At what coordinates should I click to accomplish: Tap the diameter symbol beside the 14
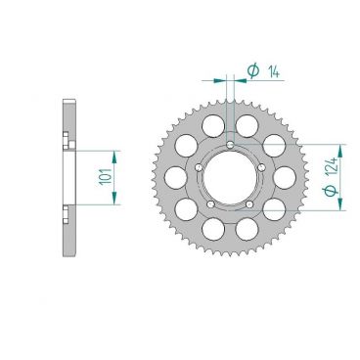point(252,69)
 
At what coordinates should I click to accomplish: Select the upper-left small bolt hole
point(199,166)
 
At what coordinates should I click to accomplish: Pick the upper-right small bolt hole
point(259,166)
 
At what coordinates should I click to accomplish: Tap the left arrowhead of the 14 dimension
point(220,77)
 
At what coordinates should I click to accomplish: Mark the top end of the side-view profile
point(66,102)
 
